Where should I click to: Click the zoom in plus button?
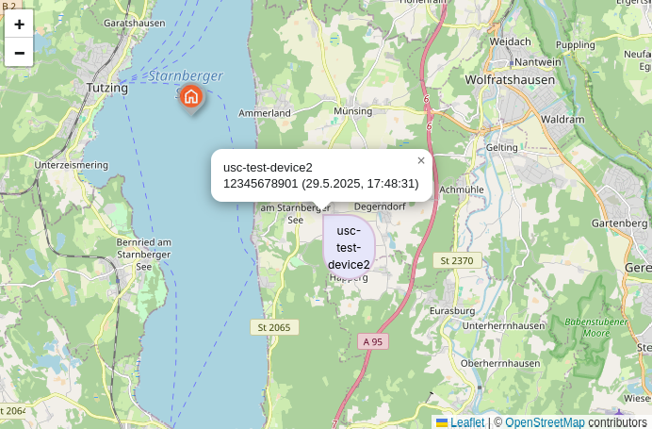pyautogui.click(x=19, y=25)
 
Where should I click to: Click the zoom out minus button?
pyautogui.click(x=19, y=53)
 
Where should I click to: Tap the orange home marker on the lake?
pyautogui.click(x=191, y=96)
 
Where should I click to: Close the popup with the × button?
pyautogui.click(x=421, y=160)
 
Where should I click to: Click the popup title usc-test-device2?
pyautogui.click(x=268, y=168)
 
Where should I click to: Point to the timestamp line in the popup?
pyautogui.click(x=320, y=184)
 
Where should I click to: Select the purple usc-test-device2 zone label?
pyautogui.click(x=349, y=247)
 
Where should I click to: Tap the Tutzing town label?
pyautogui.click(x=106, y=88)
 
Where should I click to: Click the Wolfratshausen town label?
pyautogui.click(x=510, y=80)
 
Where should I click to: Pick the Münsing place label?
pyautogui.click(x=353, y=111)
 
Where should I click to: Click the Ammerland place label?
pyautogui.click(x=265, y=113)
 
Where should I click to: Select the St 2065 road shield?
pyautogui.click(x=274, y=327)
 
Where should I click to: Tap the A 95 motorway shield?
pyautogui.click(x=372, y=341)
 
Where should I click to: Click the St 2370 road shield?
pyautogui.click(x=457, y=259)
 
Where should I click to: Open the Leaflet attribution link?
pyautogui.click(x=466, y=422)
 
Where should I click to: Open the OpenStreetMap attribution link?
pyautogui.click(x=545, y=422)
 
